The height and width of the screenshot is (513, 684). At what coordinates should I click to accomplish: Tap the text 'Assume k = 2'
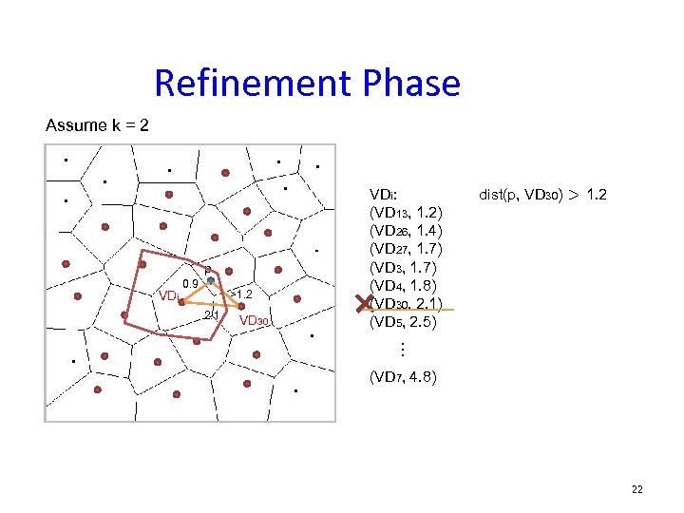[x=97, y=125]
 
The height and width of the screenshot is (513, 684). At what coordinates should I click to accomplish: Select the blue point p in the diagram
[x=211, y=280]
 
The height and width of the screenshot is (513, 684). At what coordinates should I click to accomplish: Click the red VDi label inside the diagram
[x=169, y=295]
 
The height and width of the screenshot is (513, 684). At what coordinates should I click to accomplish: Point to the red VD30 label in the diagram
[x=256, y=321]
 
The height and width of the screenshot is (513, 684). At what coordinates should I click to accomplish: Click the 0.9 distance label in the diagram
[x=190, y=284]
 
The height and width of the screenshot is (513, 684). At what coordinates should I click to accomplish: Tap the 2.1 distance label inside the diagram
[x=212, y=314]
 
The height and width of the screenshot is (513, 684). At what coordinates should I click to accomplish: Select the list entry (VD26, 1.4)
[x=403, y=231]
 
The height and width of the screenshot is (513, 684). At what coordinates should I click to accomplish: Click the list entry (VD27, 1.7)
[x=403, y=249]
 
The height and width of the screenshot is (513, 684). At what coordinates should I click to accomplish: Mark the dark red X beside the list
[x=363, y=304]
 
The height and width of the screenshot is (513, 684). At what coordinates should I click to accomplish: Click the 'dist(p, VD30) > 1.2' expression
[x=543, y=195]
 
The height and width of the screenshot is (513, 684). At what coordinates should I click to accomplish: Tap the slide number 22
[x=636, y=489]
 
